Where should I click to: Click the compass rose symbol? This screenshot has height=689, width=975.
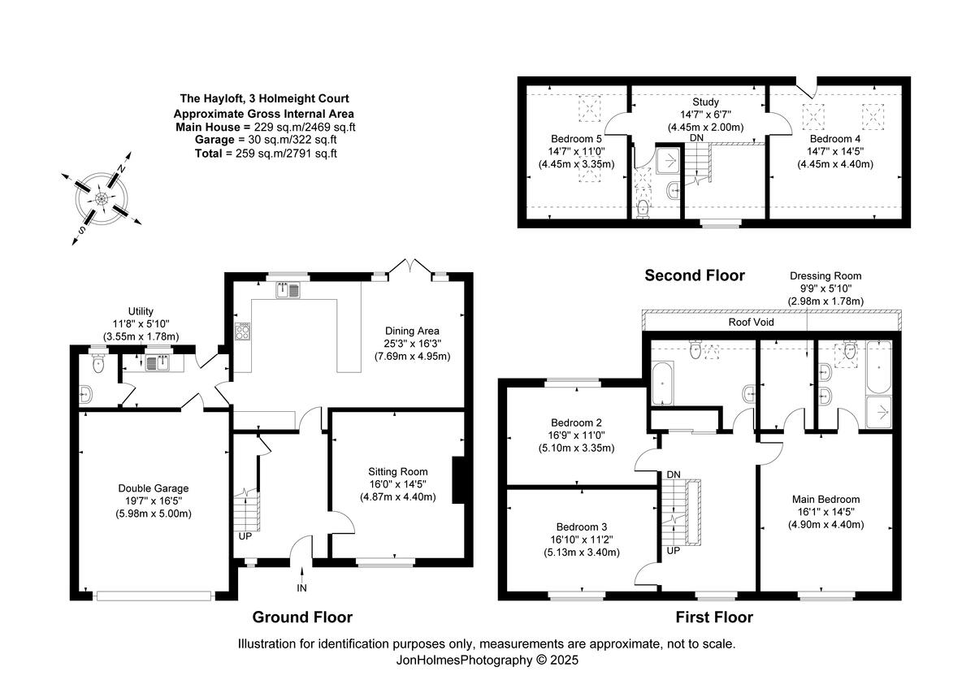coord(102,197)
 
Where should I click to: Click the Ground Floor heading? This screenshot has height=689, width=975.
coord(302,617)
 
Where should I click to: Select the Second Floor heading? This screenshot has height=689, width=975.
coord(694,275)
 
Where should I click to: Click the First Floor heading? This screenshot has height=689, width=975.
coord(714,617)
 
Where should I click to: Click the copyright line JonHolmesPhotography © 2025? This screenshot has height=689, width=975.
coord(487,661)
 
